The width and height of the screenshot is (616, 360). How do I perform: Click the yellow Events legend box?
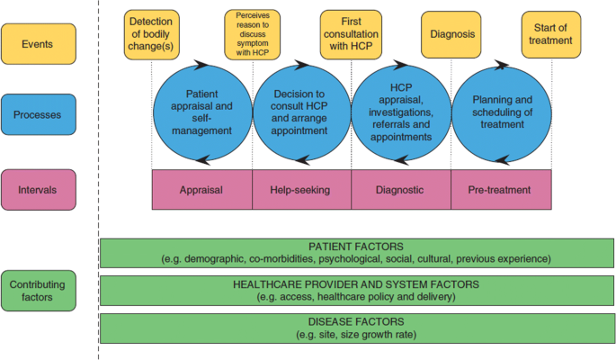[x=39, y=44]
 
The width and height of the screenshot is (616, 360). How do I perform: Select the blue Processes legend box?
[x=39, y=114]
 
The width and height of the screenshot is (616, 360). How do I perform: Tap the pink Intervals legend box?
[x=39, y=190]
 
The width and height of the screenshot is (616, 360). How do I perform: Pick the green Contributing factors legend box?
[x=39, y=291]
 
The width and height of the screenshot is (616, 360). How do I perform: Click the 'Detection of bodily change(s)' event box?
[x=152, y=34]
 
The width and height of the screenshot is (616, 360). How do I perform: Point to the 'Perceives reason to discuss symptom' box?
[x=252, y=34]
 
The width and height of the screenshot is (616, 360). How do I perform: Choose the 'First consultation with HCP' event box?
[x=351, y=34]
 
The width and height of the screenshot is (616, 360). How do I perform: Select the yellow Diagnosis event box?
[x=451, y=34]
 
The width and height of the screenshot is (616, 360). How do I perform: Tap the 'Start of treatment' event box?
[x=551, y=34]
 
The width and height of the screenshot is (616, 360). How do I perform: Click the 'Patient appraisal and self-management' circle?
[x=202, y=112]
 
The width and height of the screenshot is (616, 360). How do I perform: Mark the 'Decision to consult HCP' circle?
[x=302, y=112]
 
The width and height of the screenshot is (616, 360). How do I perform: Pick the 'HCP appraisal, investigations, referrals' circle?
[x=401, y=112]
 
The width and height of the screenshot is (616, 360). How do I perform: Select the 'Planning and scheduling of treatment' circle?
[x=502, y=113]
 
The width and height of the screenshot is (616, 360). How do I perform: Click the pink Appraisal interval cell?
[x=202, y=189]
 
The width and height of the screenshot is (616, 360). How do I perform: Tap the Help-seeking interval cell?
[x=302, y=189]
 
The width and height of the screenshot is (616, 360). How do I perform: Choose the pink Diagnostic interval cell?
[x=401, y=189]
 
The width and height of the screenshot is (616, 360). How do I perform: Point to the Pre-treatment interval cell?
[x=501, y=189]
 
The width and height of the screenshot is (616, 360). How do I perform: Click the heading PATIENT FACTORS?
[x=356, y=247]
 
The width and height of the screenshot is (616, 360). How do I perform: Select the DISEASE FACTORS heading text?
[x=356, y=321]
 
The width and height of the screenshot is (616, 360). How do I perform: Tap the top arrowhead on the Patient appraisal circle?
[x=201, y=65]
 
